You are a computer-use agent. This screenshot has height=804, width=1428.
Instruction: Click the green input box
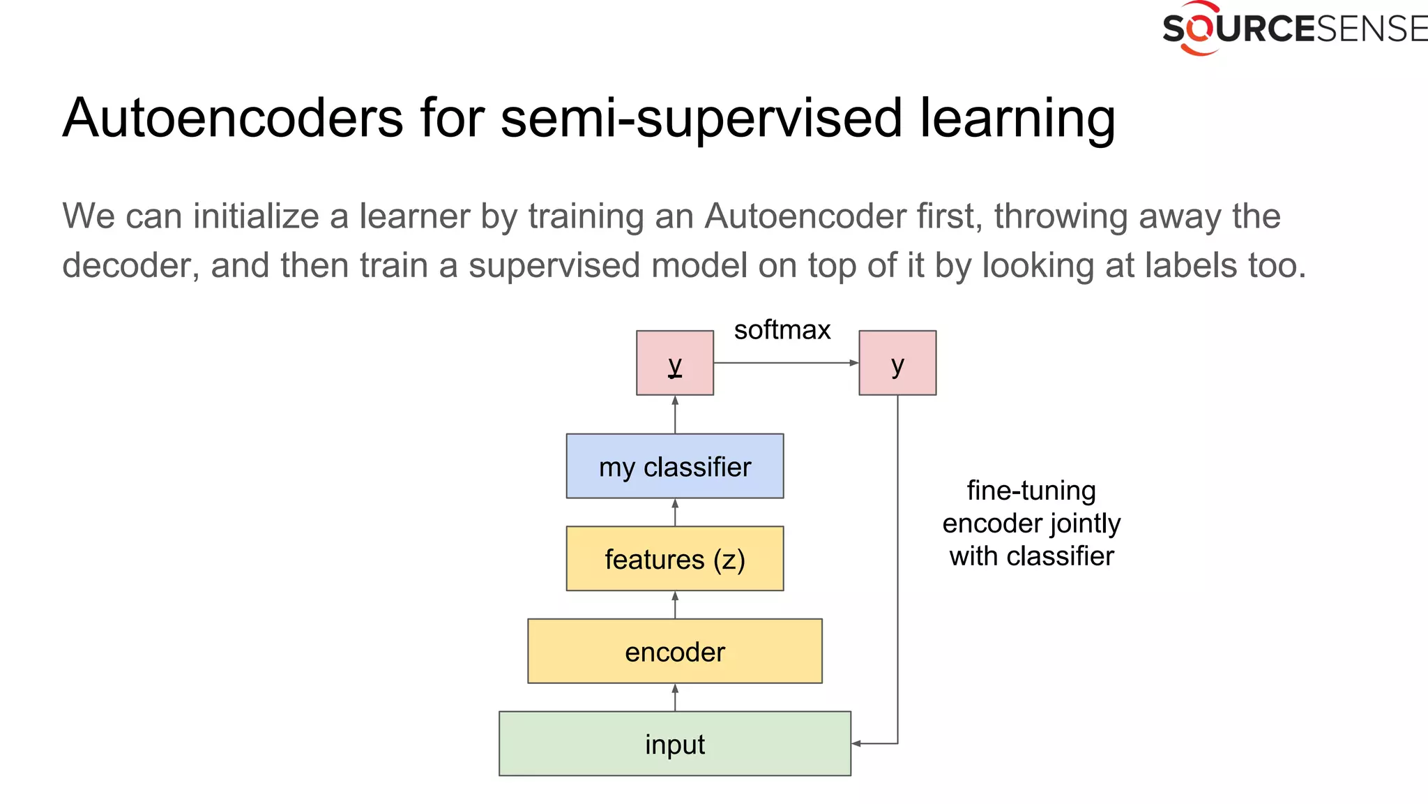click(674, 743)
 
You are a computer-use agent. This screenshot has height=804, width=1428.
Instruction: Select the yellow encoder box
click(674, 650)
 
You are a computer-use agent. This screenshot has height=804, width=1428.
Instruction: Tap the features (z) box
click(674, 558)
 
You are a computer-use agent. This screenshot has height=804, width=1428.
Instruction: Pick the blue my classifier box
click(674, 466)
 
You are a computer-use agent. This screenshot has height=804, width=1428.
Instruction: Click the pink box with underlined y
click(674, 363)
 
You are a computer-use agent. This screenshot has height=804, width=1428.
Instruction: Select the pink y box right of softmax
click(897, 363)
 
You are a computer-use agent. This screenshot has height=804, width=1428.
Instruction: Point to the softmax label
click(782, 329)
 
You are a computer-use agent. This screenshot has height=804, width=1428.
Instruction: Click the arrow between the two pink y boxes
click(786, 363)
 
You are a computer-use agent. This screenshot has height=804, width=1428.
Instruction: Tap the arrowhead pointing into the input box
click(857, 743)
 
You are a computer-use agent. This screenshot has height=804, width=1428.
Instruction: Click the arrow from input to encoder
click(674, 697)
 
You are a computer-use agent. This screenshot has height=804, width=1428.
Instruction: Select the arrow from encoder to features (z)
click(674, 604)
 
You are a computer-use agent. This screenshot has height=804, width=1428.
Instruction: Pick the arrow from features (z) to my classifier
click(674, 512)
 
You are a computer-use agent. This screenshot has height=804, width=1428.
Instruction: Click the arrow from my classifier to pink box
click(674, 415)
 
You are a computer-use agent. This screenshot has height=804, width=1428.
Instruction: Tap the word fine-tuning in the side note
click(1031, 491)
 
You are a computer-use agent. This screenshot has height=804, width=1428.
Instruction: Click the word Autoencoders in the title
click(233, 117)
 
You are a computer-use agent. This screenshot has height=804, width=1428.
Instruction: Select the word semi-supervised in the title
click(701, 117)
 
